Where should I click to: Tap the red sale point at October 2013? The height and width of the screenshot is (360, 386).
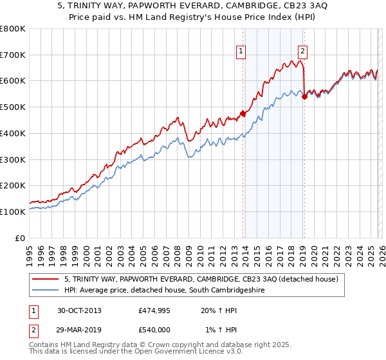pyautogui.click(x=243, y=114)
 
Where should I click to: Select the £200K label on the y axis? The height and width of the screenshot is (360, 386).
pyautogui.click(x=13, y=185)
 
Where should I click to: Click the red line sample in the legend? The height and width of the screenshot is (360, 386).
pyautogui.click(x=45, y=279)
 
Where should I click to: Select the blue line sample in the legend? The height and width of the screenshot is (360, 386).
pyautogui.click(x=45, y=291)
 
